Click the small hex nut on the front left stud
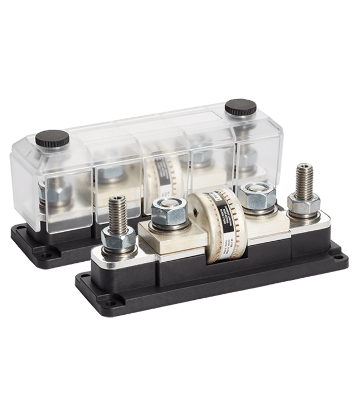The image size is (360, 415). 118,242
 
